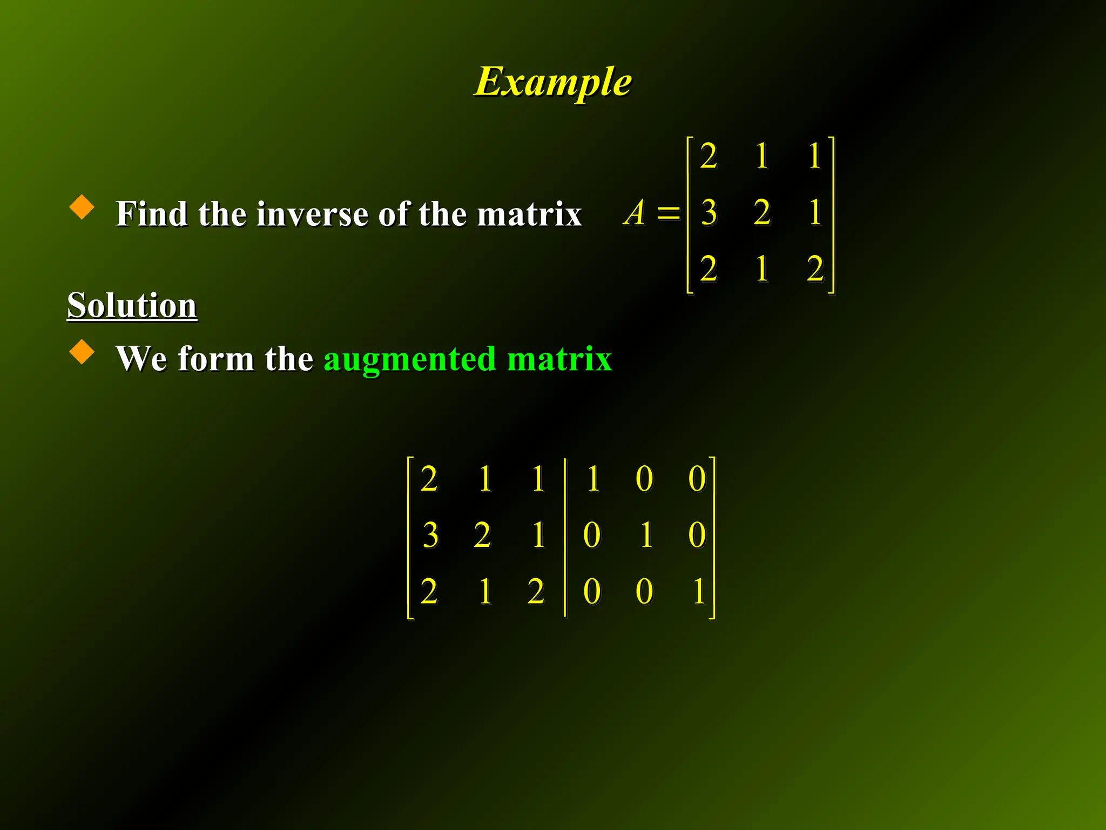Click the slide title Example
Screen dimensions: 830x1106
[552, 82]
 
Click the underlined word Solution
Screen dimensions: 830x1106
[132, 305]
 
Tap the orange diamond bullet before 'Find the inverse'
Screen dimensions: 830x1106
[82, 207]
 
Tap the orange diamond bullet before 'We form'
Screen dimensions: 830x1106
[82, 351]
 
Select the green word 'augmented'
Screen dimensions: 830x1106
[409, 359]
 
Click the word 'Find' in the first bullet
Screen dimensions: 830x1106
[152, 214]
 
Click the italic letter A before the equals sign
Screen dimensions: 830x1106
[635, 212]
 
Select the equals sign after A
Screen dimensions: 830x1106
[669, 212]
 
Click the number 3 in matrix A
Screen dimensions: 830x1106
[709, 212]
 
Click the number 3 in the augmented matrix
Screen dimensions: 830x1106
[430, 536]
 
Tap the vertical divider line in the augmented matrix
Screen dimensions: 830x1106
[565, 537]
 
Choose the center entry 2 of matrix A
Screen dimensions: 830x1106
[761, 212]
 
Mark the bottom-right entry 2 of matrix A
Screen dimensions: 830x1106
[815, 269]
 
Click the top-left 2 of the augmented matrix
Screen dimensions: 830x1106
[429, 479]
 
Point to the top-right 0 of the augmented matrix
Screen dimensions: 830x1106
[697, 479]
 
